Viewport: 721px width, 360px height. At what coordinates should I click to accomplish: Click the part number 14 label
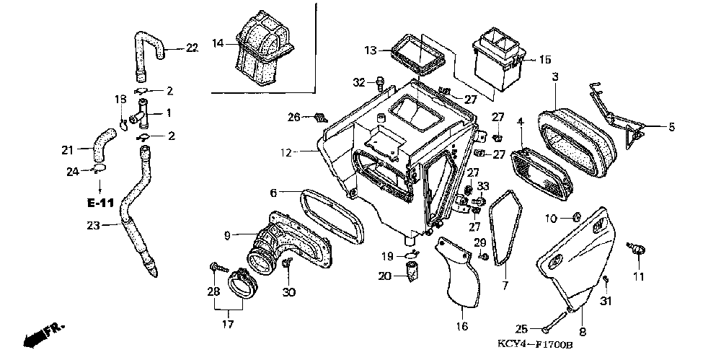(x=217, y=43)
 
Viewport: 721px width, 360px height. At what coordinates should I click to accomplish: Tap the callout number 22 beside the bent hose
(x=191, y=48)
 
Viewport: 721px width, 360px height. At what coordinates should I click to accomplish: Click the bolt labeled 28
(x=215, y=268)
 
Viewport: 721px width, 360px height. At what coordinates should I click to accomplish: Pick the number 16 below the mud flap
(x=461, y=326)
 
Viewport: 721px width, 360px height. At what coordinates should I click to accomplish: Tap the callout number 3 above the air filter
(x=555, y=76)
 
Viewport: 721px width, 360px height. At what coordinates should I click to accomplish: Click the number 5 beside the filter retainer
(x=671, y=128)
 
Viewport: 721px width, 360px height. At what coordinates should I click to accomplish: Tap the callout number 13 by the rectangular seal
(x=370, y=51)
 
